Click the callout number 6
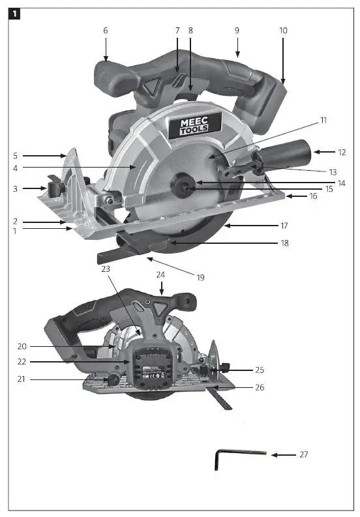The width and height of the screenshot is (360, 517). coord(105,30)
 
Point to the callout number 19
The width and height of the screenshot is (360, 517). coord(200,277)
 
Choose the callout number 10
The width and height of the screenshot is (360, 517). coord(283,30)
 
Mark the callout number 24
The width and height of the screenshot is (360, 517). coord(161,274)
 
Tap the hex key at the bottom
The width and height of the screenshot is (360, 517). coord(239,458)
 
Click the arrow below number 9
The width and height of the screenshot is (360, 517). coord(237,48)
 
